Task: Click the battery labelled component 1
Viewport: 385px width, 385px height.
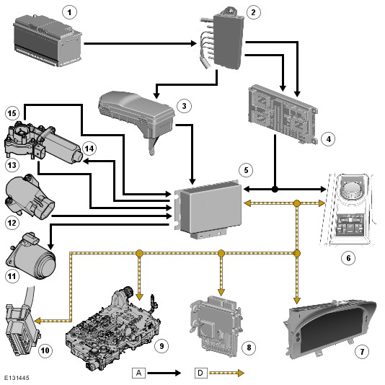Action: point(47,40)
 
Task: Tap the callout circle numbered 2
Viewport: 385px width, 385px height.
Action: point(253,12)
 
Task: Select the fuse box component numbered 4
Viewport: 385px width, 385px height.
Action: point(283,114)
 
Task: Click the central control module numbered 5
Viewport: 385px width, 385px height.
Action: point(208,208)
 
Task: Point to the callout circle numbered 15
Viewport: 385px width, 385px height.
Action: point(12,113)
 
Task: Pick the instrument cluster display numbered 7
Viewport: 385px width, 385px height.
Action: point(330,329)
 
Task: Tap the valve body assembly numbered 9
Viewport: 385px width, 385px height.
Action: point(113,328)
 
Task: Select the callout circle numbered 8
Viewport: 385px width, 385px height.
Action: point(249,348)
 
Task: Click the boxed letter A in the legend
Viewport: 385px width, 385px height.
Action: point(138,373)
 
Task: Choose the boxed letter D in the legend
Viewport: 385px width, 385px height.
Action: point(200,373)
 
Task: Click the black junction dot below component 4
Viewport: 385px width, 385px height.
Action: point(275,190)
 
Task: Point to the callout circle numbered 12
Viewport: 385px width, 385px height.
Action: point(12,223)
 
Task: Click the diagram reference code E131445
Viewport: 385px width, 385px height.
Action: point(17,378)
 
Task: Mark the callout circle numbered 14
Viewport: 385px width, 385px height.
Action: point(89,149)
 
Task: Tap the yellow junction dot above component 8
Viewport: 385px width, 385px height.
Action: point(221,253)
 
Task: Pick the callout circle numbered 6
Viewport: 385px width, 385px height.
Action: point(348,258)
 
